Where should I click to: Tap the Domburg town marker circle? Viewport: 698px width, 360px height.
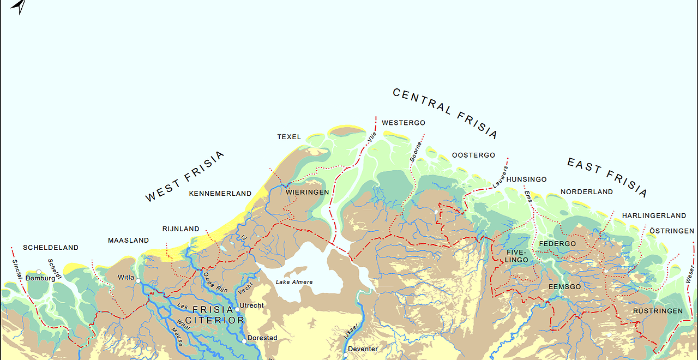click(x=39, y=272)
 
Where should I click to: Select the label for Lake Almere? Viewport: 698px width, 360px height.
click(x=294, y=282)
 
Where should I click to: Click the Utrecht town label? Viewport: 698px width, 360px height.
click(x=252, y=305)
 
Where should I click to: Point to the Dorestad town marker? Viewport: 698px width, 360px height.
click(x=244, y=340)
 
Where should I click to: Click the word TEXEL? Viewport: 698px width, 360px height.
click(x=289, y=137)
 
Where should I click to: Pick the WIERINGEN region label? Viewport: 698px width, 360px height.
click(x=308, y=193)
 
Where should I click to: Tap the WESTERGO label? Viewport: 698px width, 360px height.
click(x=404, y=123)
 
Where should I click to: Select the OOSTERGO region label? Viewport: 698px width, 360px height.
click(x=473, y=155)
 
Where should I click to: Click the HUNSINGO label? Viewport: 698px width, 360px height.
click(x=526, y=179)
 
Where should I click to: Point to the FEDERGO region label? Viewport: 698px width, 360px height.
click(x=557, y=244)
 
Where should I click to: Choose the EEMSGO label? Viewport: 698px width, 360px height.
click(x=565, y=287)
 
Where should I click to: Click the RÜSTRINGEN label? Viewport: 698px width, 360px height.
click(x=658, y=311)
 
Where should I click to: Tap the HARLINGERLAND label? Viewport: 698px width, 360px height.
click(x=654, y=216)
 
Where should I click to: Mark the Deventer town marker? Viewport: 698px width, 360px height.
click(x=345, y=355)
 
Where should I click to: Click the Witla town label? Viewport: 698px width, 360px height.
click(x=125, y=278)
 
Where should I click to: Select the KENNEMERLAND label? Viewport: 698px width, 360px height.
click(x=220, y=194)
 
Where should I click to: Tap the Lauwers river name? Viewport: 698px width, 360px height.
click(x=500, y=178)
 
